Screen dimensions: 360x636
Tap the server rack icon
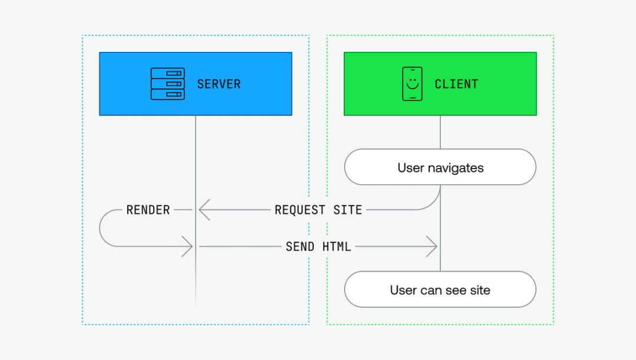tap(168, 84)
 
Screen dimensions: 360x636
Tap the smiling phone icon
tap(412, 84)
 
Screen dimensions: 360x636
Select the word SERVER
tap(218, 84)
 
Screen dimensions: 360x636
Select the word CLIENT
tap(456, 84)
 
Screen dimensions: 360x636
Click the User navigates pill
tap(440, 167)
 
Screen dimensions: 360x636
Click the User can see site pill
tap(440, 289)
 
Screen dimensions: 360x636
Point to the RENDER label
tap(148, 210)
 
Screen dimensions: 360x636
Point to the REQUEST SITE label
tap(318, 210)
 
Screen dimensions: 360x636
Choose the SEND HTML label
tap(318, 246)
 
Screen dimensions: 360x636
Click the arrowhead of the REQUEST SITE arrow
tap(203, 209)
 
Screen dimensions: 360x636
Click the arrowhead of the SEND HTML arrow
tap(433, 246)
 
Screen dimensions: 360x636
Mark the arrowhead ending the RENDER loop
tap(188, 246)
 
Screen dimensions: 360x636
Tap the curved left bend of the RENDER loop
tap(101, 228)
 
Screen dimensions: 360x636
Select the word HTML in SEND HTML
tap(336, 246)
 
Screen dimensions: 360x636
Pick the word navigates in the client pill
tap(455, 168)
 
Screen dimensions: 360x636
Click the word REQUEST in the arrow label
tap(300, 210)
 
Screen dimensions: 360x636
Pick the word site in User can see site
tap(479, 290)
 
